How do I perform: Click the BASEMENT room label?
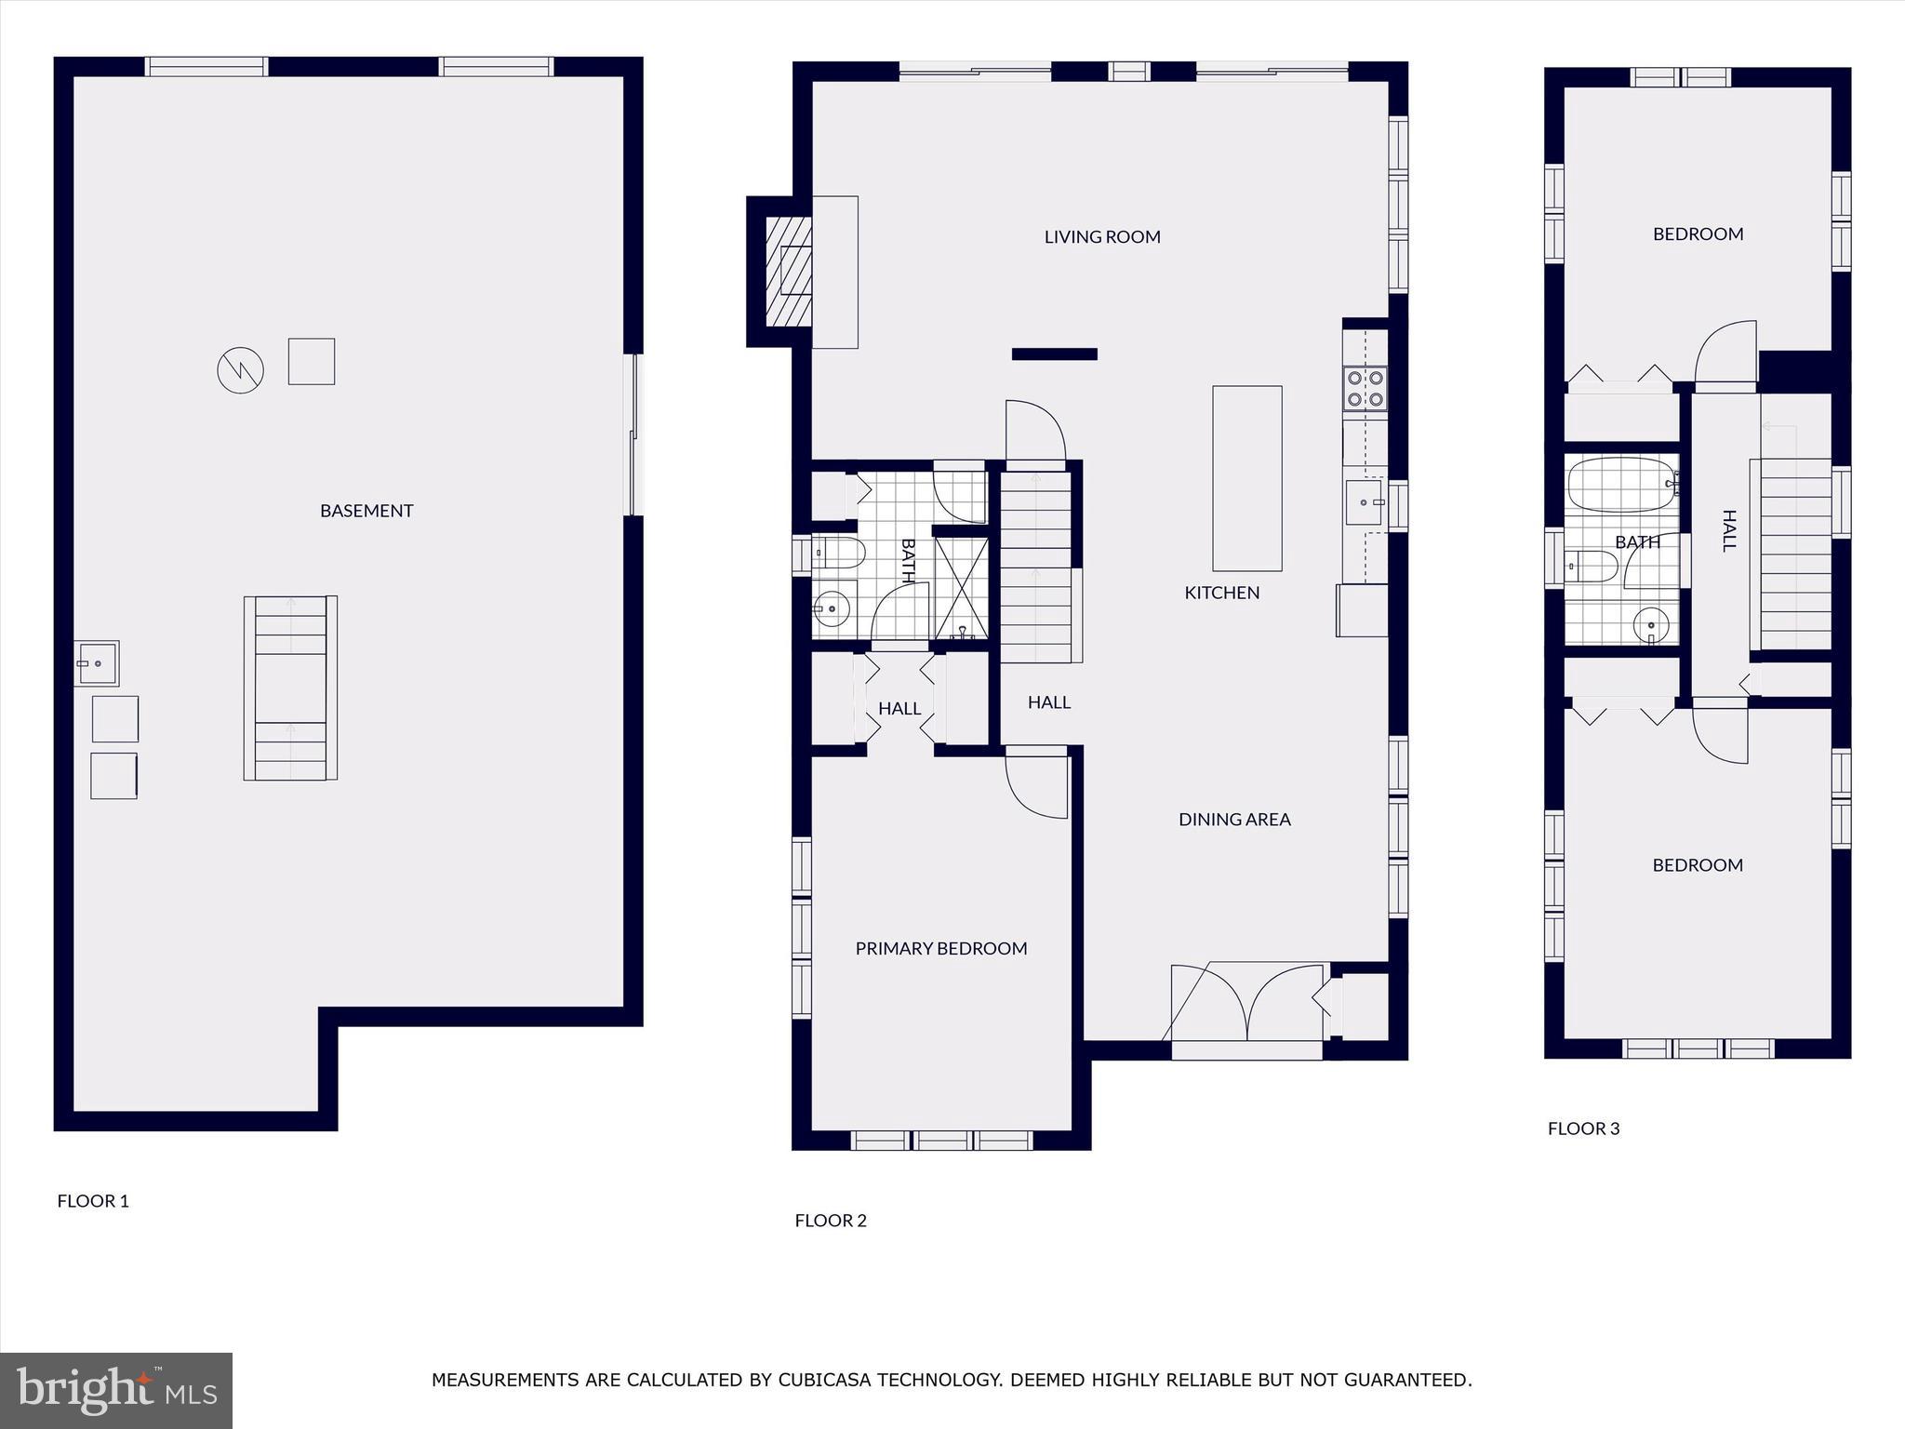tap(366, 511)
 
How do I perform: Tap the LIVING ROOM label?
tap(1102, 237)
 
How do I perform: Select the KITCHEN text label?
tap(1221, 593)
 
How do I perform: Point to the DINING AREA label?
tap(1234, 820)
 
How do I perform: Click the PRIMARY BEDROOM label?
tap(941, 949)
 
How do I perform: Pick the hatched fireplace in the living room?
tap(788, 272)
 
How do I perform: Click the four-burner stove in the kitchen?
tap(1365, 389)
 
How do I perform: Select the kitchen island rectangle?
tap(1246, 478)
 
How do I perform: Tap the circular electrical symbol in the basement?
tap(240, 370)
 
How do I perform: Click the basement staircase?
tap(290, 688)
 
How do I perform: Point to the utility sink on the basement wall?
tap(96, 663)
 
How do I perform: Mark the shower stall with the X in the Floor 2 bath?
tap(961, 588)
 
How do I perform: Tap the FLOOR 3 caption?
tap(1583, 1129)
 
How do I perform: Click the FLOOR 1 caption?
tap(93, 1201)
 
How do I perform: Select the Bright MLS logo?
tap(116, 1391)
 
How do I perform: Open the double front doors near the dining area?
tap(1246, 1005)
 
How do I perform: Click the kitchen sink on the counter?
tap(1365, 503)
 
